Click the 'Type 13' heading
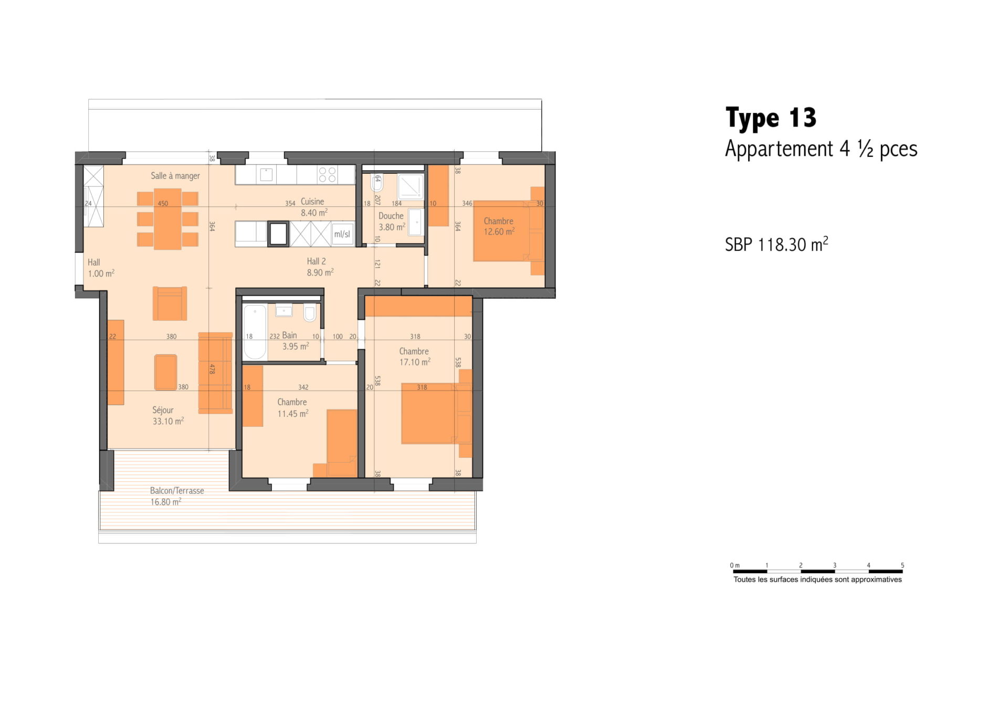pos(771,118)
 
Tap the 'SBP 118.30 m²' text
pos(776,244)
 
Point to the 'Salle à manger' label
pos(175,176)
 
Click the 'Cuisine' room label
pos(312,202)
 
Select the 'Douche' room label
pos(391,216)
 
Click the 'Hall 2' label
pos(317,261)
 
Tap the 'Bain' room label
pos(289,335)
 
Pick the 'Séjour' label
pos(163,410)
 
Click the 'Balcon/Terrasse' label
pos(177,490)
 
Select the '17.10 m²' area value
pos(415,362)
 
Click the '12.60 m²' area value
pos(499,232)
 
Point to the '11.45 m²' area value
pos(293,414)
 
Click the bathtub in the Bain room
pos(255,332)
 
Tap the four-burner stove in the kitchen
pos(328,175)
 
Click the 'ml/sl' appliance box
pos(342,234)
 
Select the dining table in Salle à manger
pos(168,218)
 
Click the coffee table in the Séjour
pos(166,372)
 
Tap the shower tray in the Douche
pos(410,186)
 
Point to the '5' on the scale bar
pos(902,565)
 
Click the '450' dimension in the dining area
pos(163,204)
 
